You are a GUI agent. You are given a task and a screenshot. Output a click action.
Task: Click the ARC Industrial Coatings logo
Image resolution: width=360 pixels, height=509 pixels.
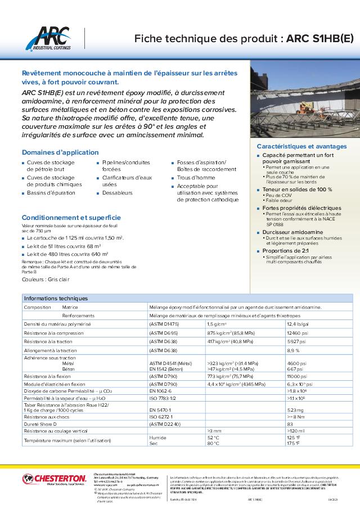[51, 39]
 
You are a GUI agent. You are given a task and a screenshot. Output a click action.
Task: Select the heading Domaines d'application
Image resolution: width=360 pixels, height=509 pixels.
[60, 152]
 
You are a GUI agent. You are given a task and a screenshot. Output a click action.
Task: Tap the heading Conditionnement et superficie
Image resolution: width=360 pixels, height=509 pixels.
[71, 217]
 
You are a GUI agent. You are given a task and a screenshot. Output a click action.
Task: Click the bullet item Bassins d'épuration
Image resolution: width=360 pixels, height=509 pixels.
[51, 193]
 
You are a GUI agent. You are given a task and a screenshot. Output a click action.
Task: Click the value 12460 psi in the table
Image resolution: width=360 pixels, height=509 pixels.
[296, 333]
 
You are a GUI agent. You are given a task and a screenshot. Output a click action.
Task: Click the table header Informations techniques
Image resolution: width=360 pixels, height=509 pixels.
[56, 299]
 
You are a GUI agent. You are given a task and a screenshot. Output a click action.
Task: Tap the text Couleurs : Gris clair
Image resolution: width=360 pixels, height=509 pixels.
[46, 278]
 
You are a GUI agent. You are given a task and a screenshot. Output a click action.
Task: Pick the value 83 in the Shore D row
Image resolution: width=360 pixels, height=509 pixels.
[290, 424]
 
